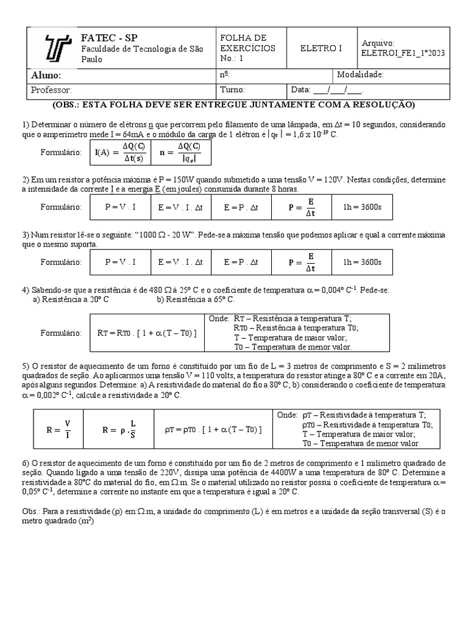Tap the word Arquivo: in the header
pos(378,43)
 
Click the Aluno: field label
pos(46,75)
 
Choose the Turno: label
pos(233,90)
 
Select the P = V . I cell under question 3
pos(120,262)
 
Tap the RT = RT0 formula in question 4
pos(147,333)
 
